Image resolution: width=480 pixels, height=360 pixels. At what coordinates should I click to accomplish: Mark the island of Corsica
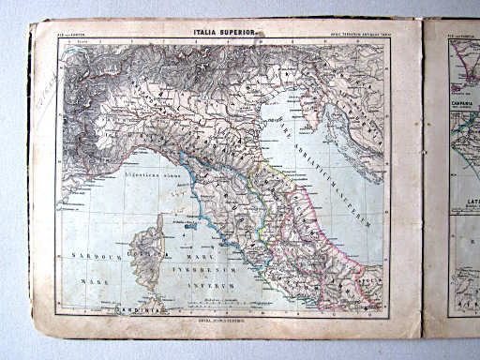tap(154, 234)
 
